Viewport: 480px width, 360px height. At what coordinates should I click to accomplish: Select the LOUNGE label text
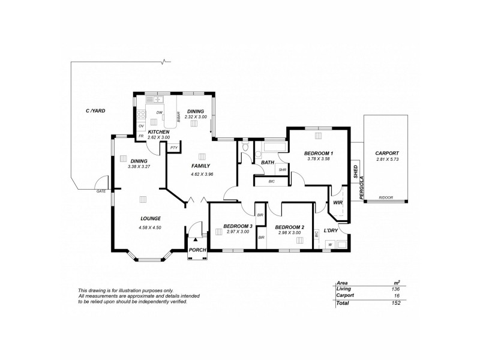(149, 218)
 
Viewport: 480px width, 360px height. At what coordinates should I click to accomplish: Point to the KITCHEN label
(158, 131)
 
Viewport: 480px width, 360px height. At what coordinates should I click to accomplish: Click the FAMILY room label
(200, 166)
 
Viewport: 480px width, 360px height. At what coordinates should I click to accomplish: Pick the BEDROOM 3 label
(236, 226)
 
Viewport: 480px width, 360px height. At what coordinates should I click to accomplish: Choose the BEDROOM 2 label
(290, 227)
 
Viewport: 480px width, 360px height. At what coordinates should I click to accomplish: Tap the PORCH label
(197, 250)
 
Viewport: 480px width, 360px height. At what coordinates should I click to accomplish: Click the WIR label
(337, 203)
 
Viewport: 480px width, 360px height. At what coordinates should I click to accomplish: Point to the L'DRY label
(331, 230)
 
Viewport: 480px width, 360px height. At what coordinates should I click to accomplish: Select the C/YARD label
(95, 111)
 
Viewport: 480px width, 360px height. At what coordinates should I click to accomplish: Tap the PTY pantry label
(173, 147)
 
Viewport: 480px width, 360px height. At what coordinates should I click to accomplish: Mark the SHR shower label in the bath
(282, 170)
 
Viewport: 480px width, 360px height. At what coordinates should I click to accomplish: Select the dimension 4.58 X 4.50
(149, 227)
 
